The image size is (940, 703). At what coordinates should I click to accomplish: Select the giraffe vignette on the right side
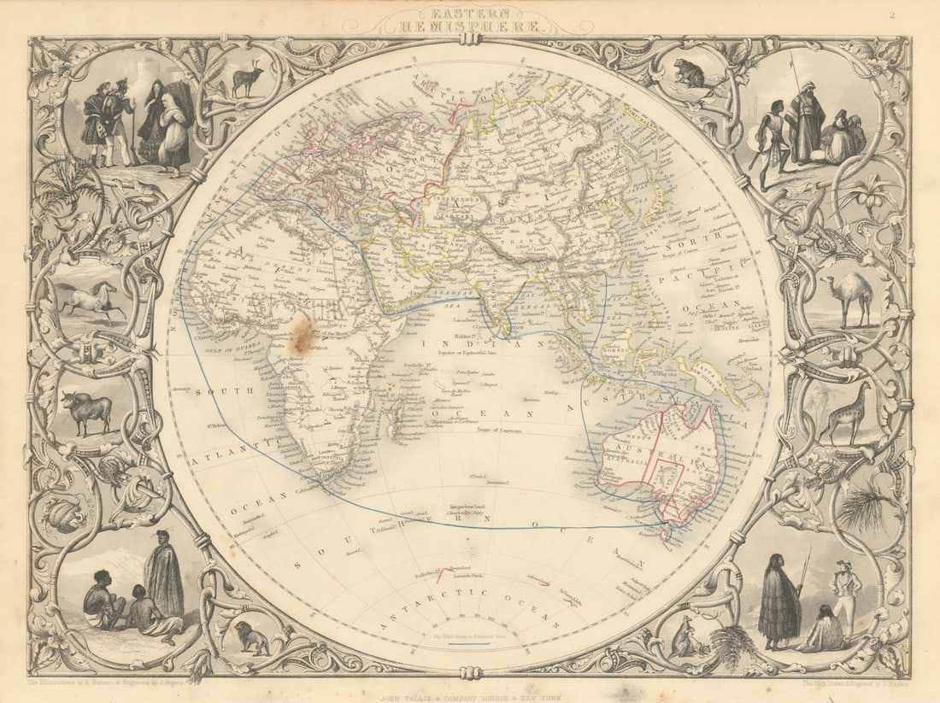click(x=845, y=413)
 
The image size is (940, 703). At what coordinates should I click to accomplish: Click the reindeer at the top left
click(x=247, y=79)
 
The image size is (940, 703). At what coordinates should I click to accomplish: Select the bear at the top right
click(x=689, y=75)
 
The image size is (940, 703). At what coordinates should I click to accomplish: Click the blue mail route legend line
click(x=469, y=644)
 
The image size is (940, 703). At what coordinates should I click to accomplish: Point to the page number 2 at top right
click(x=891, y=13)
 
